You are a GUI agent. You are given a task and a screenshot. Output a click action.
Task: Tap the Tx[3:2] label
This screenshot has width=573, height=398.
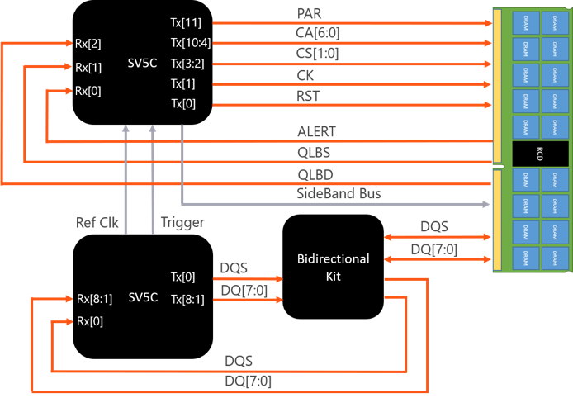point(188,64)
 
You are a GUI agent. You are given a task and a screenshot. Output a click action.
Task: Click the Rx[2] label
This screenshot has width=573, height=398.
point(88,43)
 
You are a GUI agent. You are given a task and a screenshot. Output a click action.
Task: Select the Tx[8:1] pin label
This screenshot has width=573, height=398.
point(187,299)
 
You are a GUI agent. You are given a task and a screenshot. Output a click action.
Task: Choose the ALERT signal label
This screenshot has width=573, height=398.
point(317,131)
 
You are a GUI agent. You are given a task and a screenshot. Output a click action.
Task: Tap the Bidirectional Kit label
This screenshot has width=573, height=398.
point(333,268)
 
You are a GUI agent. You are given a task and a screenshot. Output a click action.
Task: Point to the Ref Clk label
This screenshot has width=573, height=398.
point(97,222)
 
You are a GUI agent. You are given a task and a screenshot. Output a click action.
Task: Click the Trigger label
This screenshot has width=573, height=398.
point(181,222)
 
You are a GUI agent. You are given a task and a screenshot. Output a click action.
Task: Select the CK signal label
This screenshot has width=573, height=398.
point(305,75)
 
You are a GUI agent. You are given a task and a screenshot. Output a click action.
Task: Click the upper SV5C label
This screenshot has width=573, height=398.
point(143,64)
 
